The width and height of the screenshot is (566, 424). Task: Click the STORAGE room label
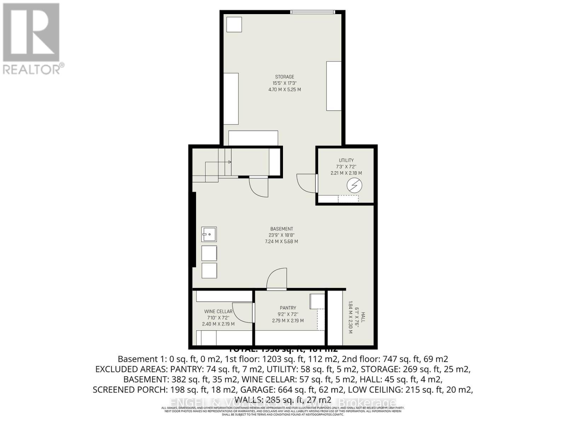coord(284,77)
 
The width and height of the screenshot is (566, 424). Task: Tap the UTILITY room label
coord(346,160)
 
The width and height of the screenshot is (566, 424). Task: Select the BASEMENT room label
coord(282,229)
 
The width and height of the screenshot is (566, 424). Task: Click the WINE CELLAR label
coord(218,311)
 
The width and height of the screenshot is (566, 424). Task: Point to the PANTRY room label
coord(288,308)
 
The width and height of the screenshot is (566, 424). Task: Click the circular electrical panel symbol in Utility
coord(354,185)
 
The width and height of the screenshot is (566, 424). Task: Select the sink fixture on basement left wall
coord(209,234)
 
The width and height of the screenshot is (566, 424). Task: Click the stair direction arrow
coord(229,162)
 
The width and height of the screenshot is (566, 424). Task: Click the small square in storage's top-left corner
coord(234,24)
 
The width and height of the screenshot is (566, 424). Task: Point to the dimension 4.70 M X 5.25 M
coord(284,90)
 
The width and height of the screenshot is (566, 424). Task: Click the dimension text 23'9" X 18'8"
coord(282,235)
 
